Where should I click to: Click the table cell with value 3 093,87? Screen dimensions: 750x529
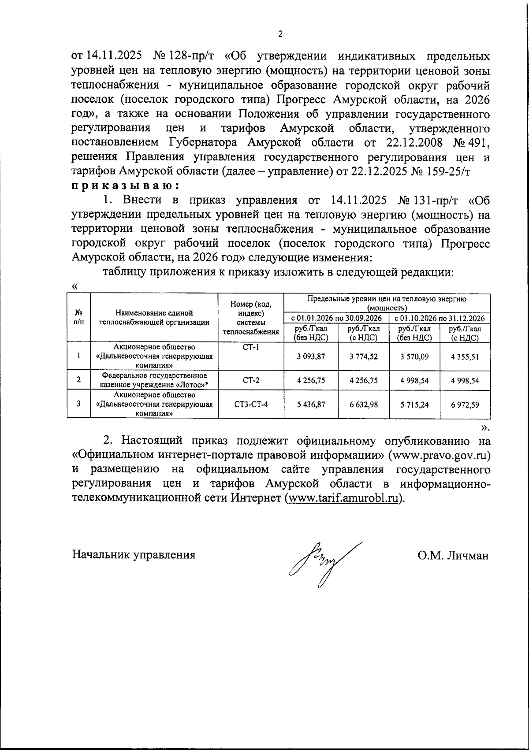pos(311,356)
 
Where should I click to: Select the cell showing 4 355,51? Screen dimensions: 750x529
pos(465,356)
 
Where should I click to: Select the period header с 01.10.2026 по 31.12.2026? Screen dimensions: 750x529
pos(440,318)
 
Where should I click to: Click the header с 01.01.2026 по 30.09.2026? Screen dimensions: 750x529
pos(336,318)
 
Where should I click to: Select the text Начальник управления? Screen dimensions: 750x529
pos(134,555)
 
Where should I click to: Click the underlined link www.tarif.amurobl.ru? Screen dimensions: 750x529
pos(344,498)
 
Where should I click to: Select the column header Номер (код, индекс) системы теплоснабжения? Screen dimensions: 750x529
pos(251,317)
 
